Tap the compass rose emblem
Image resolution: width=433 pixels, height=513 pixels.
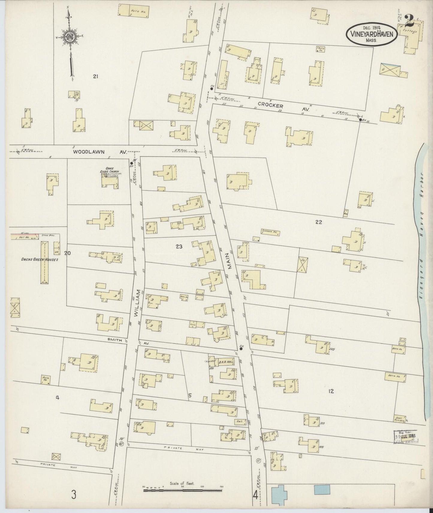(70, 37)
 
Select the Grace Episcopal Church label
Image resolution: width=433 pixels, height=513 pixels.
(110, 174)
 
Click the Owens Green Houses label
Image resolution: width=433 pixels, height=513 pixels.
(39, 259)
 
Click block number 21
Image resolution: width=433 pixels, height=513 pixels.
(95, 77)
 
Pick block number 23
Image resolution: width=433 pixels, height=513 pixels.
(179, 247)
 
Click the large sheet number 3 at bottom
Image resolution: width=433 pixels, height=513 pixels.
(74, 494)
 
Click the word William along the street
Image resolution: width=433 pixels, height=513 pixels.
(138, 303)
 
